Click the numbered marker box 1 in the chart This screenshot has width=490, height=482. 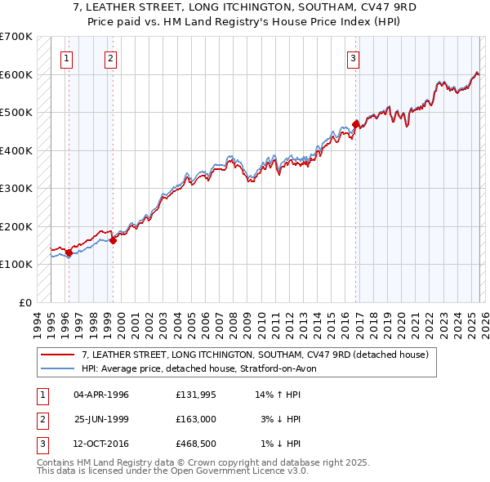(x=66, y=58)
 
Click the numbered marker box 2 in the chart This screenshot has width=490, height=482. (x=110, y=58)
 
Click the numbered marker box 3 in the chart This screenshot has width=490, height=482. (x=353, y=58)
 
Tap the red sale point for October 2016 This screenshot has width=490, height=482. (x=355, y=124)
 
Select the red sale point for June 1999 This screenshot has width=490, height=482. (x=113, y=240)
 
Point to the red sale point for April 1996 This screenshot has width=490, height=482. (x=69, y=252)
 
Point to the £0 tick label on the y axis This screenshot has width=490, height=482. (x=26, y=302)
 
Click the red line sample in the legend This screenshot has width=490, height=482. (x=58, y=355)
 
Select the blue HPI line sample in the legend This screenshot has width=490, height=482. (x=58, y=368)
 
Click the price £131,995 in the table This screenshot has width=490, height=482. (x=194, y=395)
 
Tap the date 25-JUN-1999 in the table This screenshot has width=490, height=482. (x=101, y=419)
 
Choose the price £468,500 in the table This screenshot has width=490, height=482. (x=194, y=444)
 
